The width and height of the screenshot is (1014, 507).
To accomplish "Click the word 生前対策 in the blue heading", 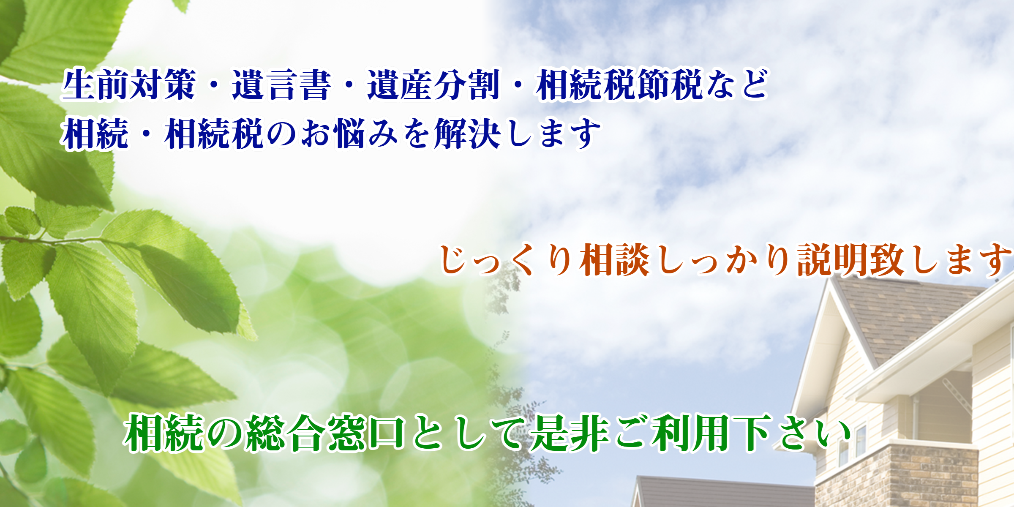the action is click(x=128, y=85).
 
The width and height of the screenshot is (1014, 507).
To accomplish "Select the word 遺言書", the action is click(x=281, y=85).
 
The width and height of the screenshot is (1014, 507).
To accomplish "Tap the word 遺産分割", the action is click(x=433, y=85).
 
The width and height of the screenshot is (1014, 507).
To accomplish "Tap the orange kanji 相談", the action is click(x=615, y=259).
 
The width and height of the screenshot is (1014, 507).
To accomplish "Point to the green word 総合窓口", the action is click(x=326, y=433).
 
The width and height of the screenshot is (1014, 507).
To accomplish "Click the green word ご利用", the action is click(x=672, y=433).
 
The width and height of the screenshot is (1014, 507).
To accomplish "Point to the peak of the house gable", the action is click(x=831, y=280).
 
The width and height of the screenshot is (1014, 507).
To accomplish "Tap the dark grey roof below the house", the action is click(x=722, y=492).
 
